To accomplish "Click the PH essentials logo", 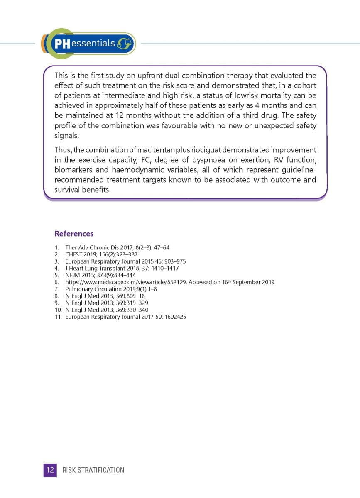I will pyautogui.click(x=89, y=44).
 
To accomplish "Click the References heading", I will pyautogui.click(x=74, y=234).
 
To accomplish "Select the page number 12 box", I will pyautogui.click(x=50, y=470).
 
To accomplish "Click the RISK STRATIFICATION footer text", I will pyautogui.click(x=93, y=470).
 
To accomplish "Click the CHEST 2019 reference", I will pyautogui.click(x=101, y=254).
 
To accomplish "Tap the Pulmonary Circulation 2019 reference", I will pyautogui.click(x=111, y=289).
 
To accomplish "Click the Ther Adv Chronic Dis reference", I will pyautogui.click(x=117, y=248).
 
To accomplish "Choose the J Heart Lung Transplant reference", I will pyautogui.click(x=122, y=268).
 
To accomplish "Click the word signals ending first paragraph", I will pyautogui.click(x=66, y=136).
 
